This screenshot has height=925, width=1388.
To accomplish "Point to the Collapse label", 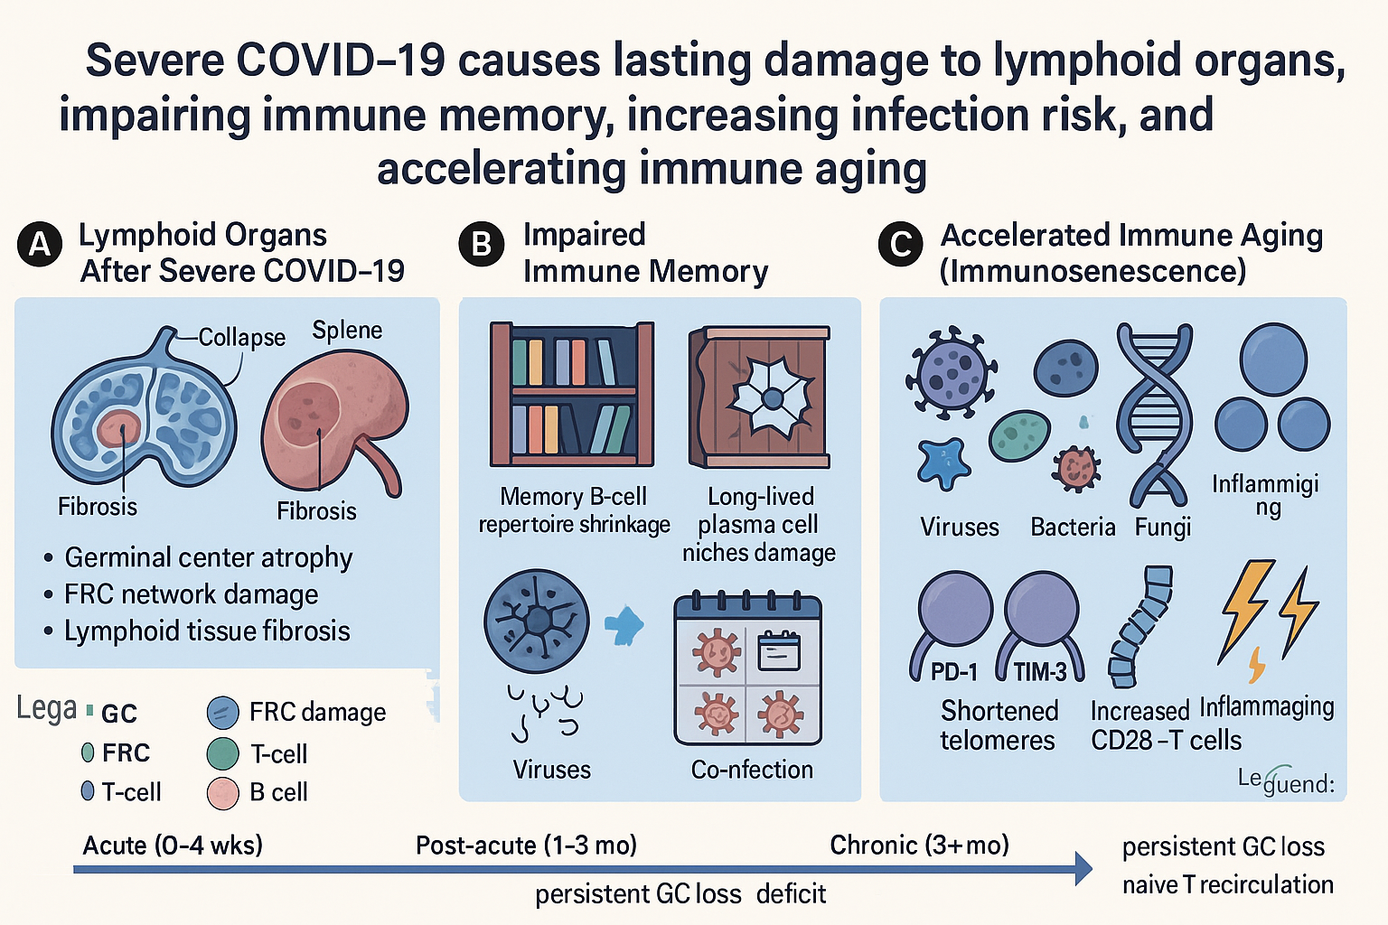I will tap(241, 338).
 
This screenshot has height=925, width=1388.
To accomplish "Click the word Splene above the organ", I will tap(347, 331).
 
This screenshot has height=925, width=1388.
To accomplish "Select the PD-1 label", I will tap(954, 672).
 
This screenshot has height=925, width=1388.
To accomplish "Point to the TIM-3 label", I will tap(1040, 672).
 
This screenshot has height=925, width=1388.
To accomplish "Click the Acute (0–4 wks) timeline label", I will tap(173, 846).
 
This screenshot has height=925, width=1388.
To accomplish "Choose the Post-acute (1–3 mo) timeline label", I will tap(526, 846).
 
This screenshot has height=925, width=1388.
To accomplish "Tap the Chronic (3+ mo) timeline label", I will tap(919, 846).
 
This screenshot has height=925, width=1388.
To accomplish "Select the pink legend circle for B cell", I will tap(222, 792).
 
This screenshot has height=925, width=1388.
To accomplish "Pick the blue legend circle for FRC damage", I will tap(222, 713).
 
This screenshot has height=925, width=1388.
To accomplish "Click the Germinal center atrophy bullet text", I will tap(208, 558).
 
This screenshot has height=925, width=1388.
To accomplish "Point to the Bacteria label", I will tap(1073, 528).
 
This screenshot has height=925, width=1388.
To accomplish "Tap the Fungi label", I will tap(1163, 528).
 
